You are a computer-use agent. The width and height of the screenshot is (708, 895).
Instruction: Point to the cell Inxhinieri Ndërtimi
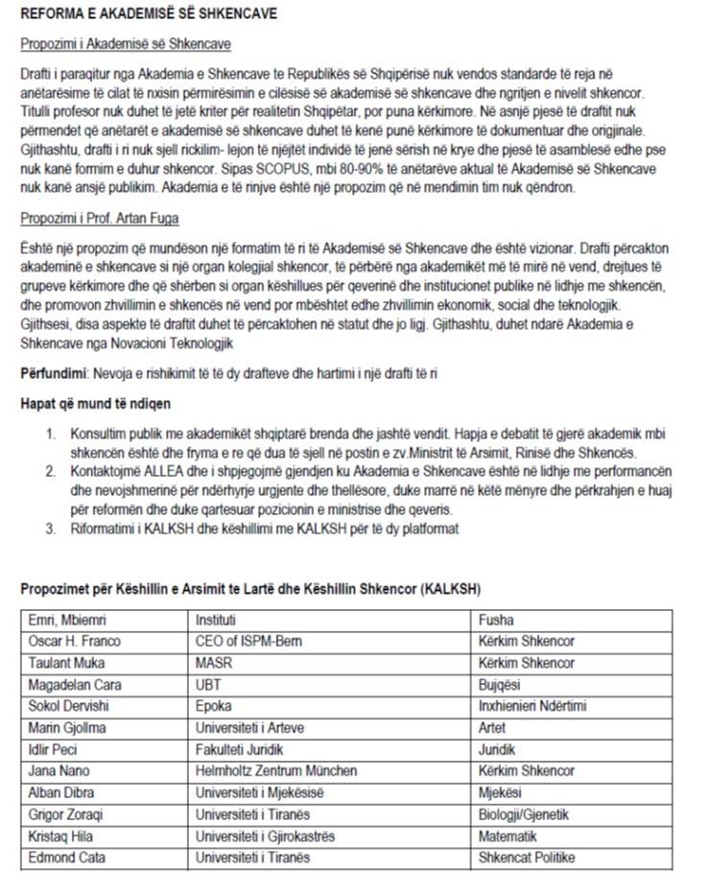[x=532, y=707]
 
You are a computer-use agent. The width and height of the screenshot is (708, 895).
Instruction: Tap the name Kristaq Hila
[x=61, y=836]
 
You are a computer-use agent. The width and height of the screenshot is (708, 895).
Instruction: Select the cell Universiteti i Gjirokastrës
[x=265, y=836]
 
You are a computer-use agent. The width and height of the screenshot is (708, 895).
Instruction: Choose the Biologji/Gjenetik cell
[x=524, y=814]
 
